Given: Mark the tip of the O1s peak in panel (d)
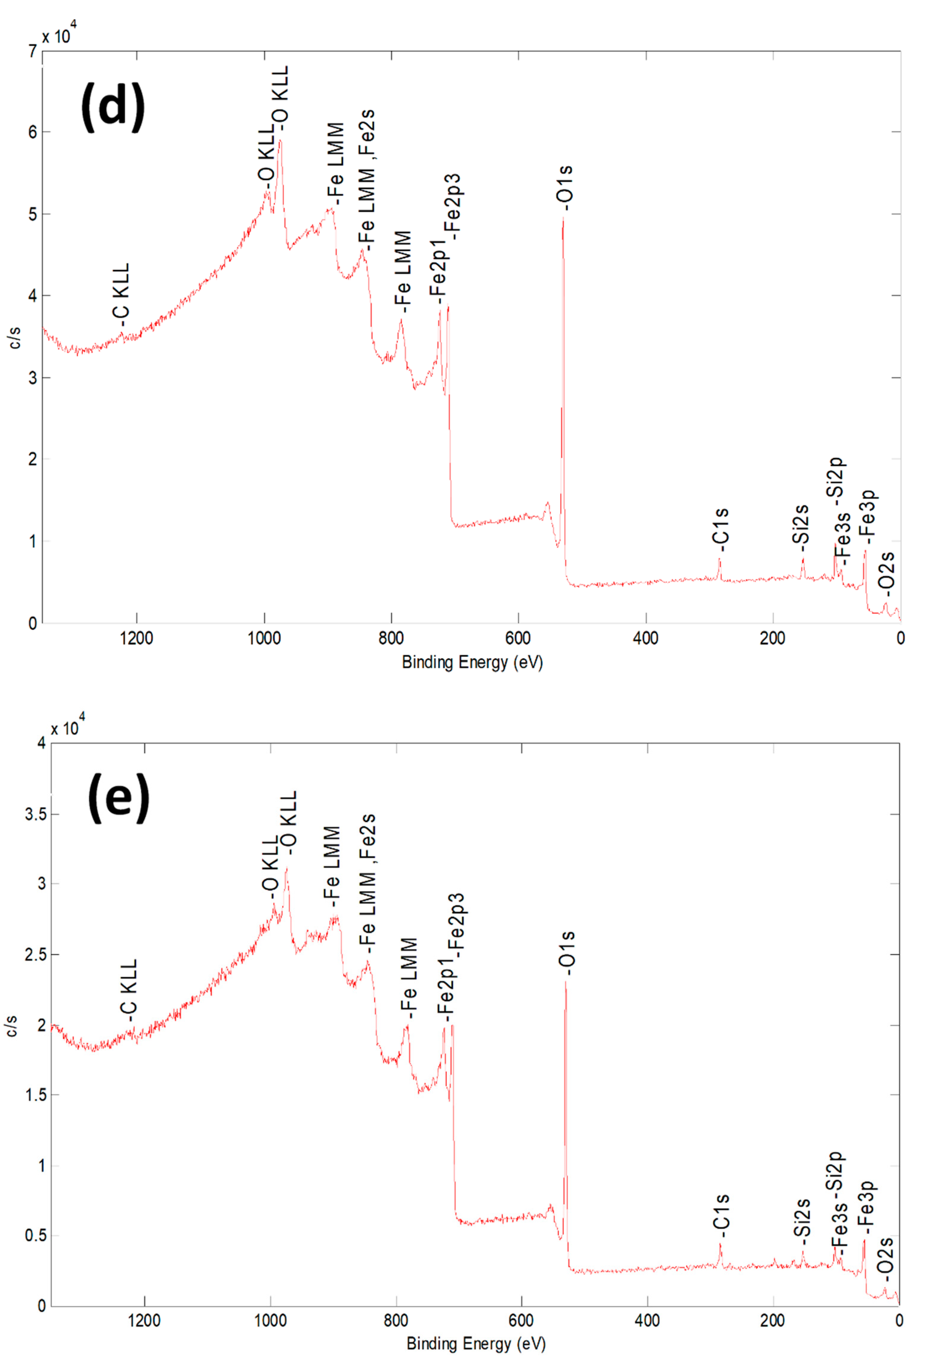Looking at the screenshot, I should click(563, 218).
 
